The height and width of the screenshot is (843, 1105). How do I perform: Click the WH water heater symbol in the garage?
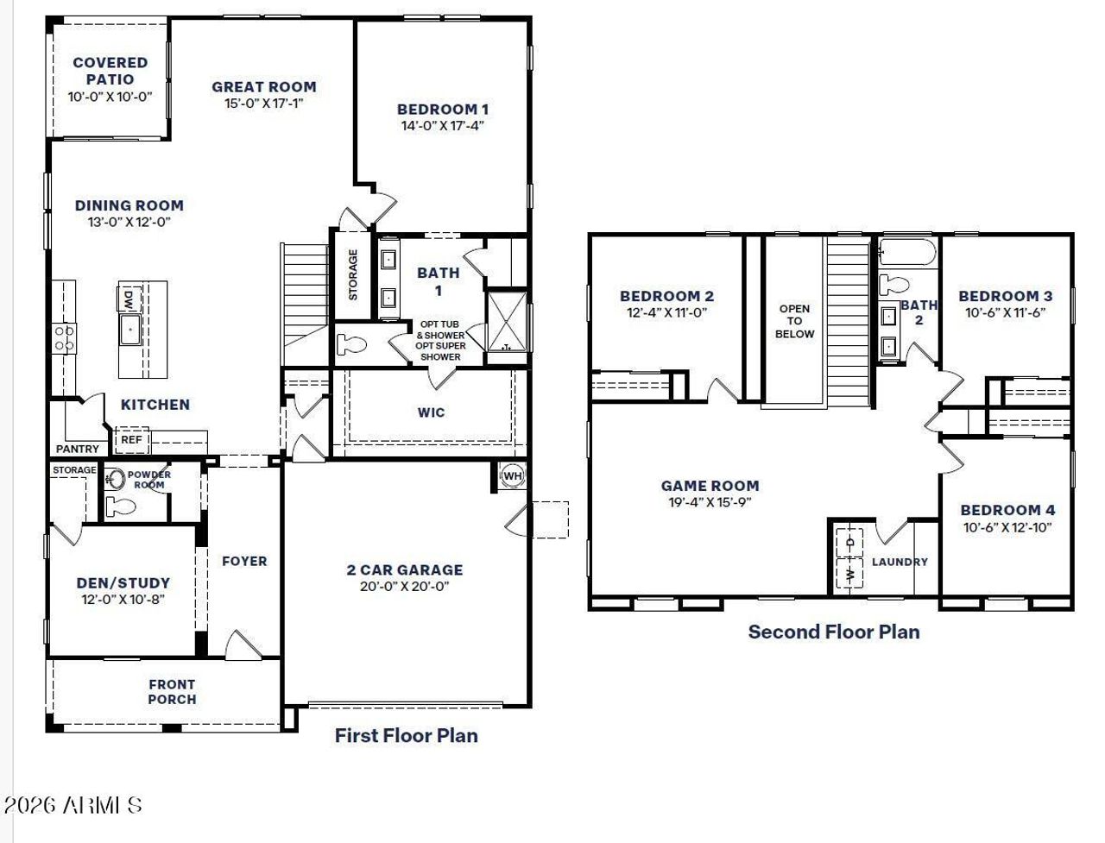pos(512,475)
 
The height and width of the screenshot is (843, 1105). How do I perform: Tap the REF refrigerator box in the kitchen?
pos(131,440)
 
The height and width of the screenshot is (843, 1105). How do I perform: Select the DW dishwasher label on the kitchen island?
pos(129,299)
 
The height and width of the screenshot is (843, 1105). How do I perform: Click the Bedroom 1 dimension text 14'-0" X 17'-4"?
pos(442,126)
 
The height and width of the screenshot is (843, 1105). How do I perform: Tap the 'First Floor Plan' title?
pos(406,735)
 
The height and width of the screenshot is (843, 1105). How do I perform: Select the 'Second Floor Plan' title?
pos(833,632)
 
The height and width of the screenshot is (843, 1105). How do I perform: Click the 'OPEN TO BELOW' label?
pos(794,321)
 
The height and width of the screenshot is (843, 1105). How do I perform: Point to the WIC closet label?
pos(431,412)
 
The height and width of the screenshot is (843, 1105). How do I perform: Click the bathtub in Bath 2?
pos(906,254)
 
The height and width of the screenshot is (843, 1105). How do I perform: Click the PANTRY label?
pos(77,449)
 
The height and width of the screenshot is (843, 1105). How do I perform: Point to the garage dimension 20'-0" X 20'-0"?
pos(404,587)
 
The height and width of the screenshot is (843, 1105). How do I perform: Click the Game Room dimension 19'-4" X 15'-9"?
pos(710,502)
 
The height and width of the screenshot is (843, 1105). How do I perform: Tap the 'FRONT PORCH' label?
pos(172,691)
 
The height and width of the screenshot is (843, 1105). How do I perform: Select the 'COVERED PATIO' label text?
pos(110,71)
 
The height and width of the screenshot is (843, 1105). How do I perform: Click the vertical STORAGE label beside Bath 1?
pos(353,274)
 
